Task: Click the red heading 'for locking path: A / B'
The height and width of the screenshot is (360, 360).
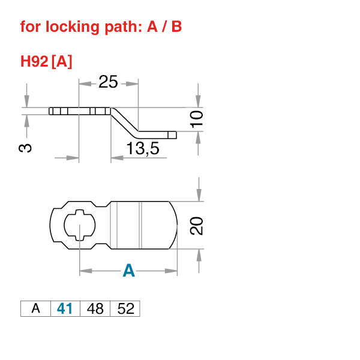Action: coord(101,27)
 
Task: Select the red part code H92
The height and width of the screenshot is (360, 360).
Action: coord(34,61)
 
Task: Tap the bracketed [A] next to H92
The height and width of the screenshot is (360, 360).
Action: coord(62,61)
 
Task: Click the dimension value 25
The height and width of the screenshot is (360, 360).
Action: coord(108,82)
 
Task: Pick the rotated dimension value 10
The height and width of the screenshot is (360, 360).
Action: coord(197,118)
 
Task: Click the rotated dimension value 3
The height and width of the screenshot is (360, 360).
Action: coord(26,148)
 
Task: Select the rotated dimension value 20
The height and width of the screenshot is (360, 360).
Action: coord(197,226)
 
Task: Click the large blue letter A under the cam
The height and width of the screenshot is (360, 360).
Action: coord(128,271)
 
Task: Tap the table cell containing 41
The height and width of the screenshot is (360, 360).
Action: coord(65,308)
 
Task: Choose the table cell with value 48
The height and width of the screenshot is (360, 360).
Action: coord(95,308)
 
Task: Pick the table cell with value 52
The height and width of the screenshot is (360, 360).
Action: coord(125,308)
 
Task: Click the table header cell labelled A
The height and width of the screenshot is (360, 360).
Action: coord(35,308)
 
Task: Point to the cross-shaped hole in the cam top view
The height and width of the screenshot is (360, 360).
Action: coord(79,226)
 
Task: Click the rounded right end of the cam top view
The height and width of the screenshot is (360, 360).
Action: coord(174,226)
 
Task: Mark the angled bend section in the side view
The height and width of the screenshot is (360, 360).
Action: coord(125,121)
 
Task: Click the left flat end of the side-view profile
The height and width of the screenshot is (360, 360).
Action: coord(52,111)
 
